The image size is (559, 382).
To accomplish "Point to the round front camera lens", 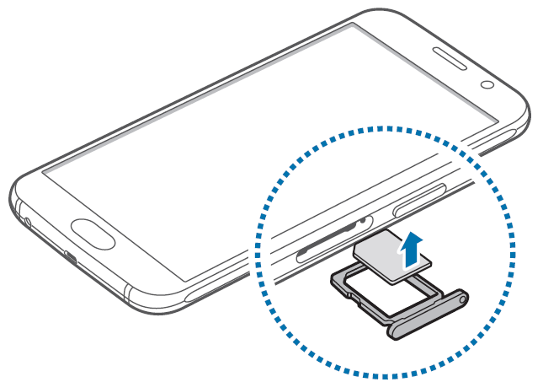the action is click(487, 84).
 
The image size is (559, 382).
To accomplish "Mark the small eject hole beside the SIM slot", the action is click(363, 222).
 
